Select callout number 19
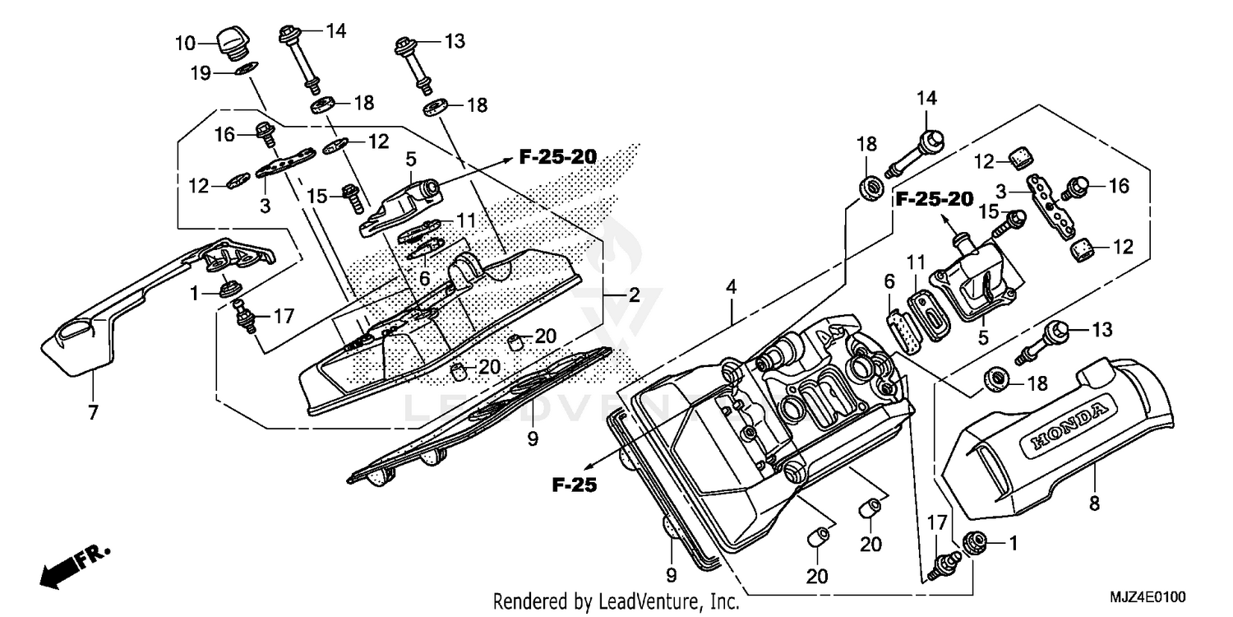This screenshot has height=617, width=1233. [x=201, y=73]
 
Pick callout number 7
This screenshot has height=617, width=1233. [x=93, y=412]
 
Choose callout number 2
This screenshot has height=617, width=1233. [x=634, y=295]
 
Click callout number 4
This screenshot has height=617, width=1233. [x=731, y=287]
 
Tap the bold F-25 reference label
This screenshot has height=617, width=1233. [x=573, y=485]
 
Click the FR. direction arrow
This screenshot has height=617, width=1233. [x=70, y=567]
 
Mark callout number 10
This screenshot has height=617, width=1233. [x=183, y=41]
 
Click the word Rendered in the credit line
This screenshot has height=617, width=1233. [x=524, y=602]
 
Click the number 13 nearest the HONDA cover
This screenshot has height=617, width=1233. [x=1101, y=330]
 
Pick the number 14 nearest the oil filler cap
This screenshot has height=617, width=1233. [x=335, y=31]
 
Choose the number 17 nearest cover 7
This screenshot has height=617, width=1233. [x=283, y=314]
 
